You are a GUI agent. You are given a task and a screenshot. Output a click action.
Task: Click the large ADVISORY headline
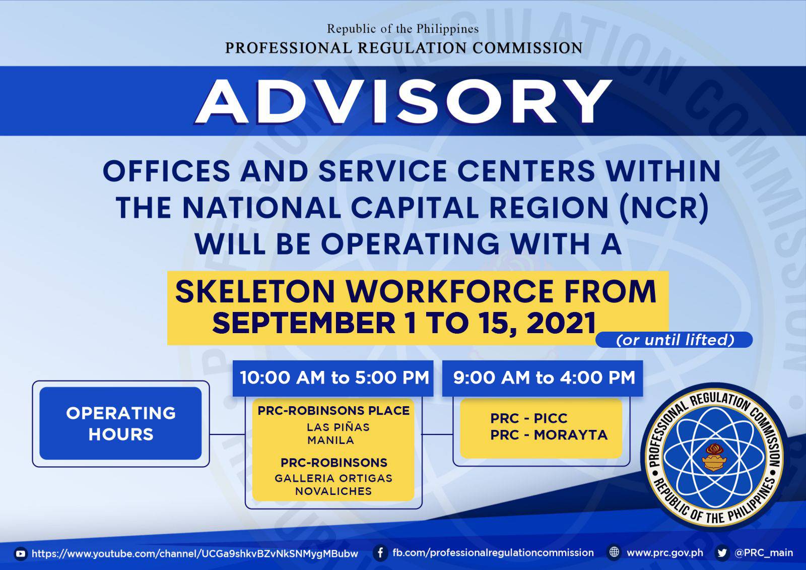(403, 101)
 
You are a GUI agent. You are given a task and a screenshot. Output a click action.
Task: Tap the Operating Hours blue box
(120, 423)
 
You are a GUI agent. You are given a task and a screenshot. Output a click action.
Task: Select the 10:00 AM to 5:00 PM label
(334, 377)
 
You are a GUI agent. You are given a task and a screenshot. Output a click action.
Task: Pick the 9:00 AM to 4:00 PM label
(544, 377)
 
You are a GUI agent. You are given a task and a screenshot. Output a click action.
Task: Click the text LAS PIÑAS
(338, 427)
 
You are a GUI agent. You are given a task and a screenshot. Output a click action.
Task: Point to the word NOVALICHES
(333, 491)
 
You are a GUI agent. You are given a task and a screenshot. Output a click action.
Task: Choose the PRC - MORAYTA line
(549, 435)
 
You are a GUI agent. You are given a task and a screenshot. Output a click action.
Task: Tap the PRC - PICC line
(528, 418)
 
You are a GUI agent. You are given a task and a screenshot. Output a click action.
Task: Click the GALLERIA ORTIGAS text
(333, 478)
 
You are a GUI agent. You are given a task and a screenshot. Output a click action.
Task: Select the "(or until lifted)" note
(675, 340)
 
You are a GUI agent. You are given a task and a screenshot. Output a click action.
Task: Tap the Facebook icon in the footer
(380, 553)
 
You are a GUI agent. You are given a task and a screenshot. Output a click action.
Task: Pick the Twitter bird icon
(722, 553)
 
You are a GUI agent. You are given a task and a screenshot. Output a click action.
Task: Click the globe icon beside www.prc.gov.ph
(614, 553)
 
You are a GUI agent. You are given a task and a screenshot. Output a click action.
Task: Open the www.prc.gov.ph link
(665, 553)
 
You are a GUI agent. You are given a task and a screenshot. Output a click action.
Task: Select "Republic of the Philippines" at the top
(402, 29)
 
